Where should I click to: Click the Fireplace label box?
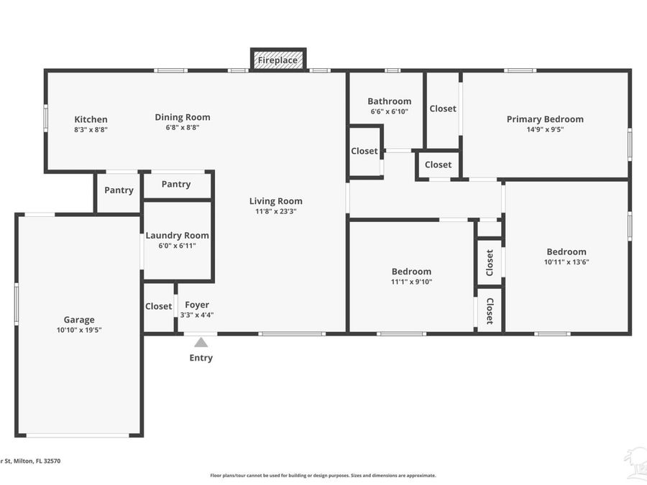[277, 60]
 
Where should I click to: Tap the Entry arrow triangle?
[201, 343]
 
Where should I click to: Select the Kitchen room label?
[91, 119]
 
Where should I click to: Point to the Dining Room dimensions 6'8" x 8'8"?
[183, 128]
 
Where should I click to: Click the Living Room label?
[276, 201]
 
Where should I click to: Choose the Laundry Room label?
[178, 236]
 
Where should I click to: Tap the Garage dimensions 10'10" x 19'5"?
[79, 330]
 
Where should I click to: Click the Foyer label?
[197, 305]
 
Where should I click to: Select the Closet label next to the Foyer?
[159, 306]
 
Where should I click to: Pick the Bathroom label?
[389, 101]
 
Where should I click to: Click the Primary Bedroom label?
[545, 119]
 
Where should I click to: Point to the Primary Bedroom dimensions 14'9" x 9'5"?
[545, 129]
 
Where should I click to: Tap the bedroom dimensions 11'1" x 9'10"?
[412, 282]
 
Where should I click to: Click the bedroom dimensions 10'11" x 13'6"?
[566, 262]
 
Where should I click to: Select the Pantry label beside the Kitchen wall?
[119, 190]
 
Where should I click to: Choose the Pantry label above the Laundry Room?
[176, 185]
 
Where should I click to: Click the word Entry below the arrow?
[201, 358]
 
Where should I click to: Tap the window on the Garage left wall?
[17, 304]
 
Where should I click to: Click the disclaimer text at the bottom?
[323, 475]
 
